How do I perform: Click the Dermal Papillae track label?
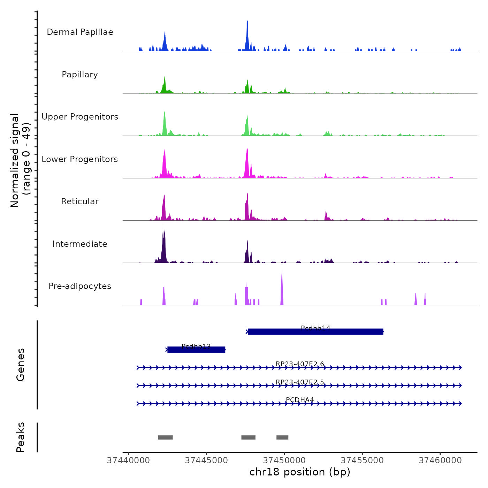pos(80,32)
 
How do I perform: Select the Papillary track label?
pos(80,75)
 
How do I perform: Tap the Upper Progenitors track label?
pos(80,117)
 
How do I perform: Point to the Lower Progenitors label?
pos(80,159)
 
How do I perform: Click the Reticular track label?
pos(80,201)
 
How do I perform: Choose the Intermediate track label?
pos(80,244)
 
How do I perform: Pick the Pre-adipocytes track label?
pos(80,286)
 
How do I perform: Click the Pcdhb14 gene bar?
pos(315,332)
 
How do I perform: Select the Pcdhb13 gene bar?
pos(196,350)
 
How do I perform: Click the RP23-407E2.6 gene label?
pos(300,364)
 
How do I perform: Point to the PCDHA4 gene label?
pos(300,400)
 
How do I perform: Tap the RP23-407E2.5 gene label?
pos(300,382)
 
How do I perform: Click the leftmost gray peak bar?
pos(165,437)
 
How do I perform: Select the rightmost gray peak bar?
pos(282,437)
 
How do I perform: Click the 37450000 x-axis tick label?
pos(284,460)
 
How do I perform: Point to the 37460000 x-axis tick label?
pos(440,460)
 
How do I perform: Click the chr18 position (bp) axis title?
pos(300,472)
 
